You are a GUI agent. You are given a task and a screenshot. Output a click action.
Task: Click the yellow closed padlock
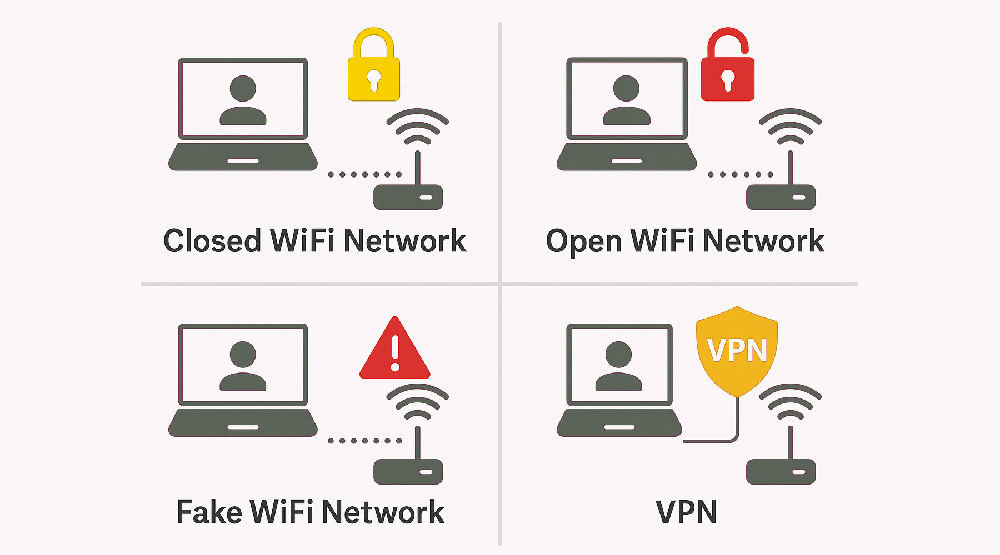pyautogui.click(x=373, y=72)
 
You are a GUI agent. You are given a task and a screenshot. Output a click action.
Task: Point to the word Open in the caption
pyautogui.click(x=583, y=242)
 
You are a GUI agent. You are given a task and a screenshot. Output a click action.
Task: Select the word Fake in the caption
pyautogui.click(x=208, y=512)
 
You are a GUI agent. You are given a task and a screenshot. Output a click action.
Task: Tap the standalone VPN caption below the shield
pyautogui.click(x=686, y=512)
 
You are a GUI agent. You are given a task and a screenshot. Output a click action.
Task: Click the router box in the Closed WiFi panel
pyautogui.click(x=408, y=197)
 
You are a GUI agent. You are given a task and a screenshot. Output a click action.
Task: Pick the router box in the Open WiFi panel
pyautogui.click(x=781, y=197)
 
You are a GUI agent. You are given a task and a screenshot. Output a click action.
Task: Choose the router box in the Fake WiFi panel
pyautogui.click(x=408, y=471)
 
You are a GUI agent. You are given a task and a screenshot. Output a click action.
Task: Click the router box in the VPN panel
pyautogui.click(x=781, y=471)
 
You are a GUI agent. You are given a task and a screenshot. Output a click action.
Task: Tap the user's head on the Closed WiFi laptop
pyautogui.click(x=243, y=89)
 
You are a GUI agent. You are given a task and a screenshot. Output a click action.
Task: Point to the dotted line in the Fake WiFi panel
pyautogui.click(x=364, y=441)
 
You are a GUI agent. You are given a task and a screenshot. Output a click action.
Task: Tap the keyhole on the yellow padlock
pyautogui.click(x=374, y=79)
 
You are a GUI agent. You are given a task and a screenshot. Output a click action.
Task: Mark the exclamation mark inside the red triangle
pyautogui.click(x=395, y=353)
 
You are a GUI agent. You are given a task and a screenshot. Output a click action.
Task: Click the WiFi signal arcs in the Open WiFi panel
pyautogui.click(x=790, y=127)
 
